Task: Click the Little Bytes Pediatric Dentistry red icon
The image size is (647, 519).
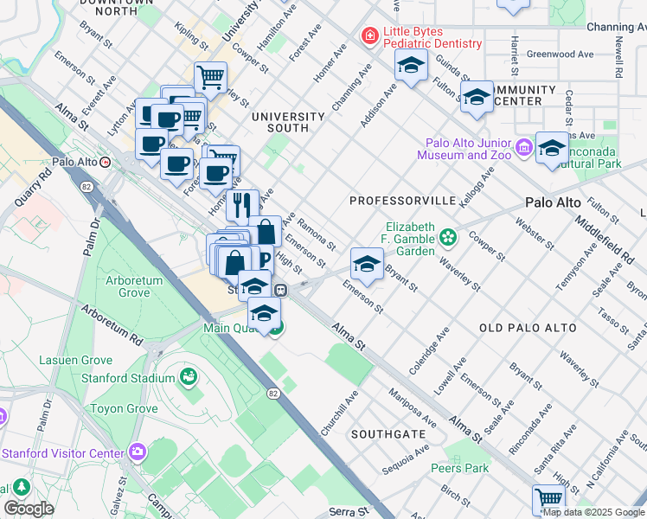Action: click(x=370, y=35)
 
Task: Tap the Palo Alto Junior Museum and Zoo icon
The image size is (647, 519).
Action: click(x=524, y=149)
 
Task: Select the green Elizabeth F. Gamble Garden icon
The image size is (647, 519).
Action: click(x=447, y=236)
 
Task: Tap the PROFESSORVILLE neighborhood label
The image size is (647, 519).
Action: click(x=402, y=201)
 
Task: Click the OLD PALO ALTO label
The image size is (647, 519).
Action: click(x=527, y=329)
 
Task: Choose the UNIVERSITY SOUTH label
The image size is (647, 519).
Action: click(x=288, y=122)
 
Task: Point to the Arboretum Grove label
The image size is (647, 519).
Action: click(x=128, y=286)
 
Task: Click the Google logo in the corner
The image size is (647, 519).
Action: click(x=28, y=509)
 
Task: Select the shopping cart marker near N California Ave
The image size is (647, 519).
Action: click(x=548, y=498)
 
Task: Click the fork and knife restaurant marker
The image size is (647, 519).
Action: click(x=242, y=205)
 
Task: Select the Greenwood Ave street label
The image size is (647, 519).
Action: click(x=560, y=54)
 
